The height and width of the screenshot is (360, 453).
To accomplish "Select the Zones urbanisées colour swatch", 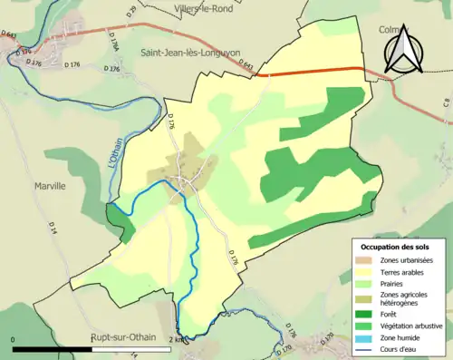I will pyautogui.click(x=365, y=260).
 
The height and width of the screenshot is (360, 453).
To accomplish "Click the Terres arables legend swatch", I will pyautogui.click(x=365, y=271).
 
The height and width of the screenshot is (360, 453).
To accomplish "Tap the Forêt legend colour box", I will pyautogui.click(x=365, y=312).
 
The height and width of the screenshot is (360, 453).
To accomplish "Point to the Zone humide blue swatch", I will pyautogui.click(x=365, y=336).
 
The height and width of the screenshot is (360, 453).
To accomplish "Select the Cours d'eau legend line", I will pyautogui.click(x=365, y=347).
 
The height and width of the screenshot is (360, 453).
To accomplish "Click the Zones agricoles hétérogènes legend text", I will pyautogui.click(x=408, y=298).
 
